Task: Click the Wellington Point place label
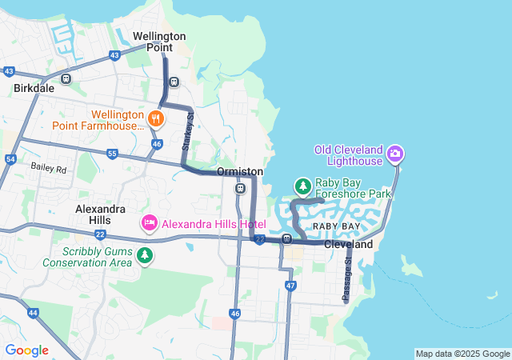pos(159,42)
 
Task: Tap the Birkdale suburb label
pos(34,89)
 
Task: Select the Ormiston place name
pos(239,172)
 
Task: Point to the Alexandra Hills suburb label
pos(100,214)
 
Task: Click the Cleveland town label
pos(349,245)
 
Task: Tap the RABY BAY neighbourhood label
pos(330,227)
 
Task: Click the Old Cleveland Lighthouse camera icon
pos(394,153)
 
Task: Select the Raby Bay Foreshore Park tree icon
pos(302,187)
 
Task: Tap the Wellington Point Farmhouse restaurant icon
pos(156,120)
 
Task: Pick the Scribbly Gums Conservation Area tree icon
pos(145,255)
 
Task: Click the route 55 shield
pos(112,154)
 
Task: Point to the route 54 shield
pos(10,159)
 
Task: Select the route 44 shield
pos(32,312)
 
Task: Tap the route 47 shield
pos(290,286)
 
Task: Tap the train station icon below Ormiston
pos(240,189)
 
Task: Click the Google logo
pos(26,350)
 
